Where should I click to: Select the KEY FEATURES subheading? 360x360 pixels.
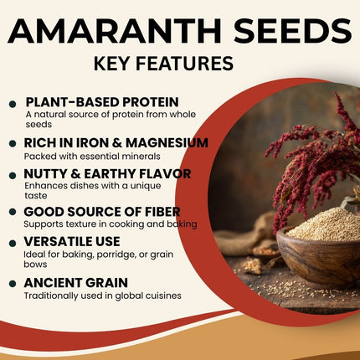pos(180,64)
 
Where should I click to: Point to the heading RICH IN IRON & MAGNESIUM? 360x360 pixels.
pos(116,142)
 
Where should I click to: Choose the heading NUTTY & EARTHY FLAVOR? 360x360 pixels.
pos(107,173)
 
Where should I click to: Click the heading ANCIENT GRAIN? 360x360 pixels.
pos(75,282)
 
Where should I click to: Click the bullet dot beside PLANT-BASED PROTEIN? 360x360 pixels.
pos(12,104)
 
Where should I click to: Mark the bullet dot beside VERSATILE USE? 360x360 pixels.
pos(12,244)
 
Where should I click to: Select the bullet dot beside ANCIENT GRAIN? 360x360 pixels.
pos(12,284)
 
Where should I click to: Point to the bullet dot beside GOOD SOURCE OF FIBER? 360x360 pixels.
pos(12,213)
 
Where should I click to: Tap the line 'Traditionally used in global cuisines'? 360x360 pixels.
pos(102,296)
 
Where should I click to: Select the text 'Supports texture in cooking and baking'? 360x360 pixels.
pos(109,224)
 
